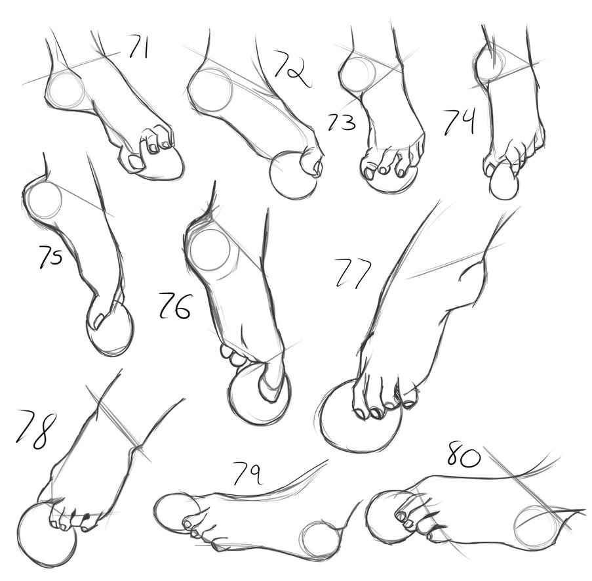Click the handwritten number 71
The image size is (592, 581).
[138, 47]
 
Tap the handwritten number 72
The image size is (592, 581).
[292, 69]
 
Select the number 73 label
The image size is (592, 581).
[342, 121]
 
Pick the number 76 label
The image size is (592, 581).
[174, 305]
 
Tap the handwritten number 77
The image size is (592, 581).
[353, 272]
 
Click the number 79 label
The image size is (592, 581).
[247, 473]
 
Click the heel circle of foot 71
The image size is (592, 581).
[67, 91]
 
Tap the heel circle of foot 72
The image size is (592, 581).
[210, 89]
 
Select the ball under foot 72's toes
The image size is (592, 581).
[293, 175]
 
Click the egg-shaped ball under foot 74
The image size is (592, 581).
[503, 182]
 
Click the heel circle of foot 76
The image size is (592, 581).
[210, 250]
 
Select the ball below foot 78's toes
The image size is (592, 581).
[47, 533]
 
